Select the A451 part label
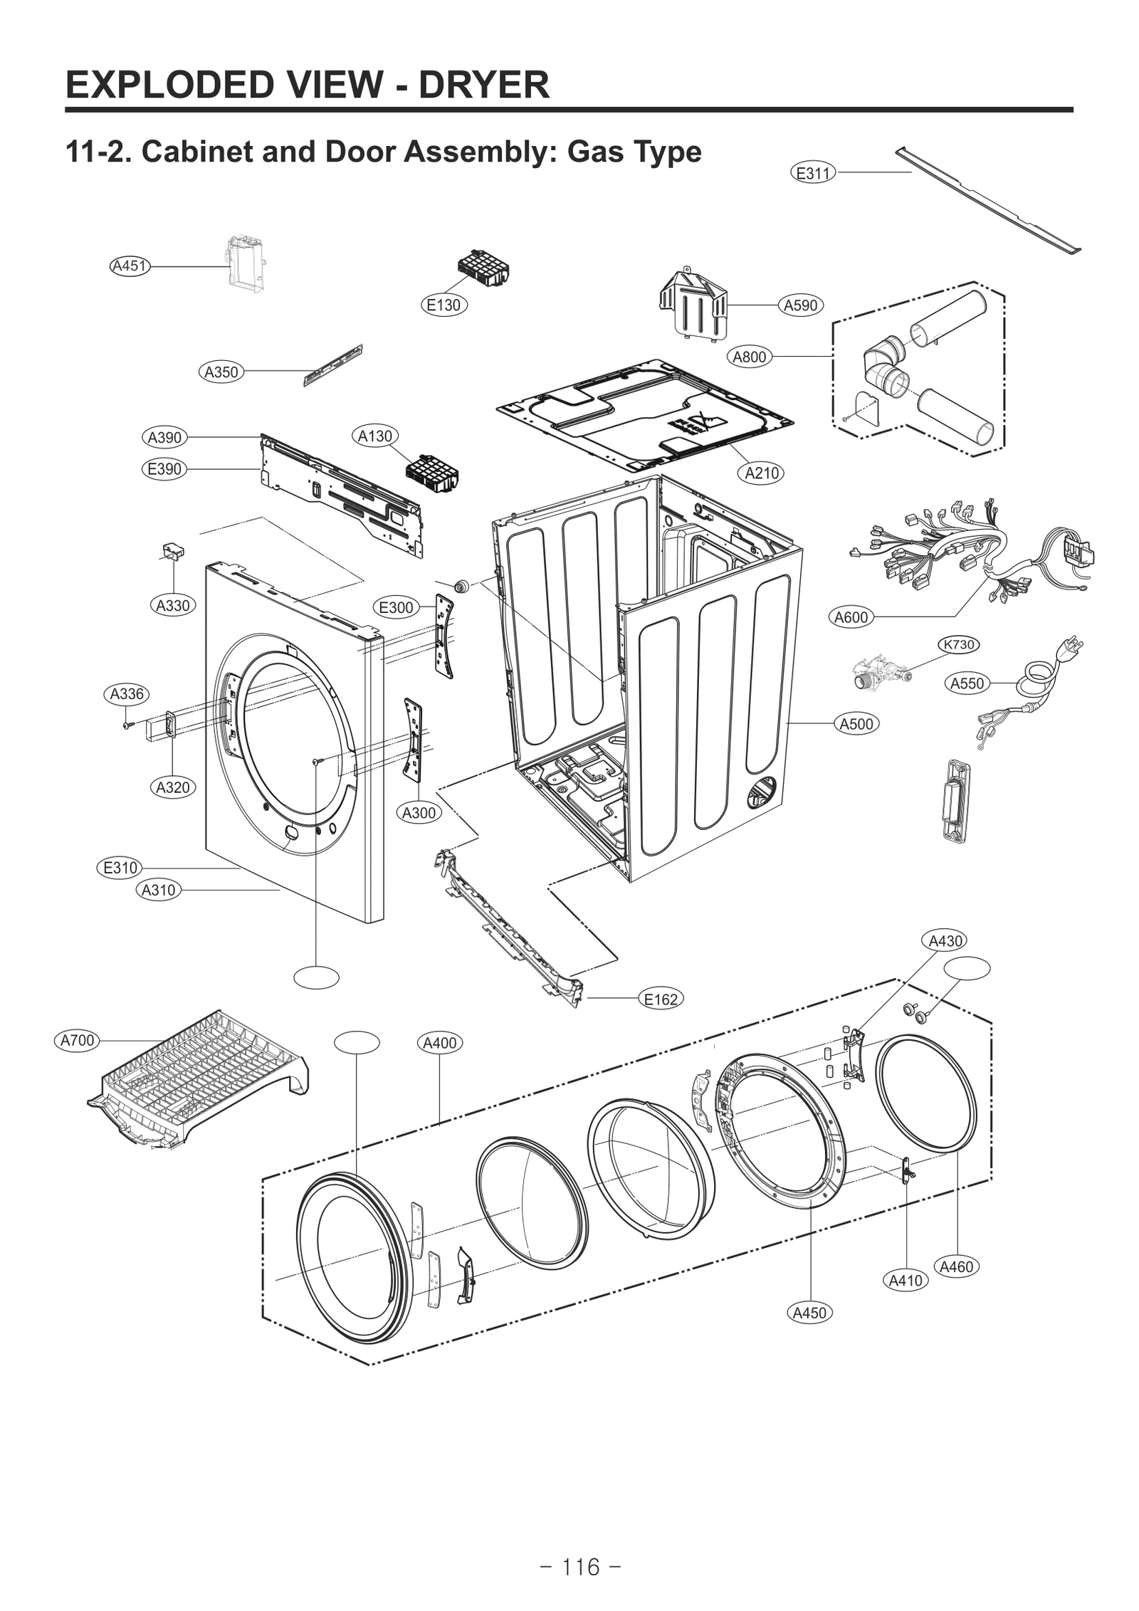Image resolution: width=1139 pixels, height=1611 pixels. (x=130, y=266)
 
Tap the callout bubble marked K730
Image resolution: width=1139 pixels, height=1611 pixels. (x=958, y=644)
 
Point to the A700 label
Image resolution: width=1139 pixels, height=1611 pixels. (x=77, y=1040)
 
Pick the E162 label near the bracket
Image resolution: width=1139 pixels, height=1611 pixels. (x=661, y=999)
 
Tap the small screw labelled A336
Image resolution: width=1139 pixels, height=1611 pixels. (x=127, y=725)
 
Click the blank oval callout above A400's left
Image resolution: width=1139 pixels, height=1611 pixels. (x=357, y=1041)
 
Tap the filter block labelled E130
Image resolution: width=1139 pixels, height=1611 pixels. (x=483, y=269)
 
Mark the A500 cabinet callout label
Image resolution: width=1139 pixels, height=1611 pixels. (x=856, y=724)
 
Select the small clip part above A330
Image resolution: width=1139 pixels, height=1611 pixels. (x=172, y=550)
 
